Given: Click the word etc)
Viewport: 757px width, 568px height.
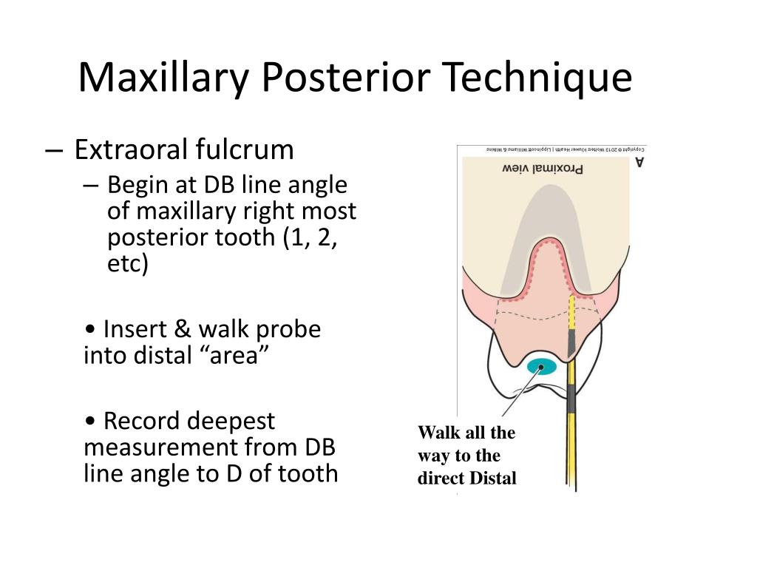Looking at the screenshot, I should tap(128, 264).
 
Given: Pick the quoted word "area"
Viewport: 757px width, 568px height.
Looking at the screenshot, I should tap(236, 356).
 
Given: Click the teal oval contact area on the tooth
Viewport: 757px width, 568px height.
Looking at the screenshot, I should tap(542, 366).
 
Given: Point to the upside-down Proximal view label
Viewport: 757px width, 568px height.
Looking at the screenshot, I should tap(542, 168).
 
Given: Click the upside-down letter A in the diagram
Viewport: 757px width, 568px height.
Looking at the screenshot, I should tap(639, 161).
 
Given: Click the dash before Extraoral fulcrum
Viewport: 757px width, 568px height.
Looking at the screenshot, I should tap(54, 150).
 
